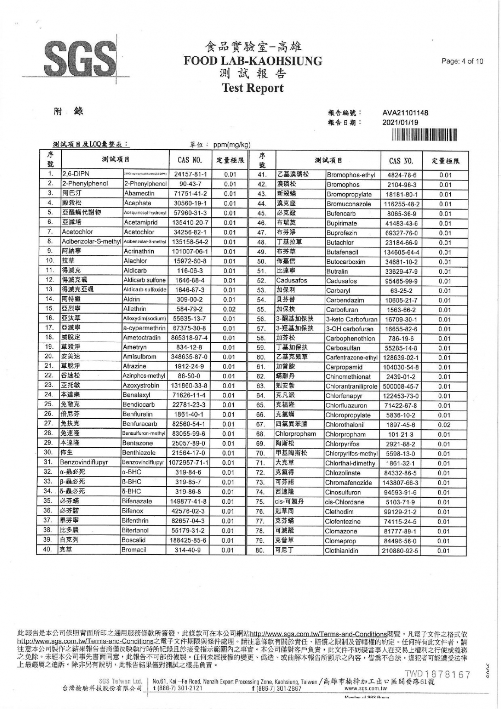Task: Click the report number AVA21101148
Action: pos(405,113)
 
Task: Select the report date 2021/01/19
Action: pos(400,122)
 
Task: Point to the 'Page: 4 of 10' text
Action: pos(462,61)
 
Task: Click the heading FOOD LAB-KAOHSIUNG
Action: pos(253,61)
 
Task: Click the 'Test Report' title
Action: pos(253,88)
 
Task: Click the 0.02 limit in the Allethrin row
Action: pos(230,309)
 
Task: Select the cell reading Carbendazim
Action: pos(345,300)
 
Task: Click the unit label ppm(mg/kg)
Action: pos(232,144)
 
